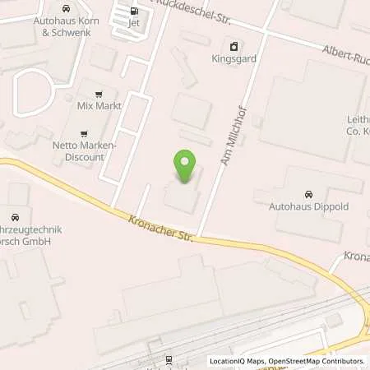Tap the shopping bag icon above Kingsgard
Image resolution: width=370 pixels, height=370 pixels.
coord(234,46)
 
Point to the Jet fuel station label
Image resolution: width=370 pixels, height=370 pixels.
coord(134,25)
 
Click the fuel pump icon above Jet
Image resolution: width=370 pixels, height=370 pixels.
coord(134,11)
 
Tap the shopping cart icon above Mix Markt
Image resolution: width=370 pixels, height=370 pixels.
coord(100,93)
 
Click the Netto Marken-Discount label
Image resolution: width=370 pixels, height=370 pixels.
coord(84,151)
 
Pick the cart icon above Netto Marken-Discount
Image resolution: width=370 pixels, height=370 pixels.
coord(84,132)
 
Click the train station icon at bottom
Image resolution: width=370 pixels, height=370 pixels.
coord(168,358)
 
